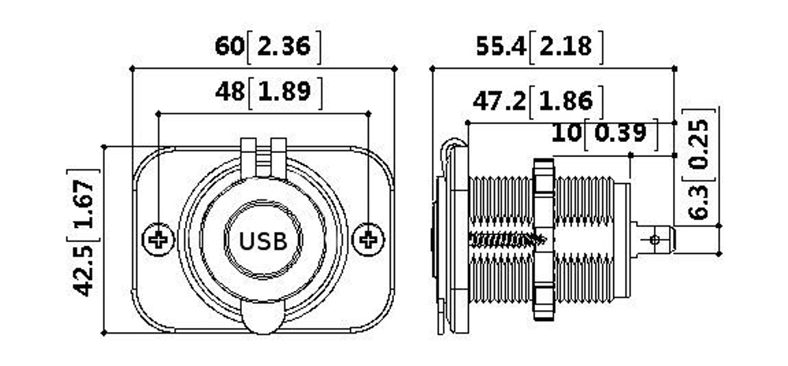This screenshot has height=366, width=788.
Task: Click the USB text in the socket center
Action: point(262,241)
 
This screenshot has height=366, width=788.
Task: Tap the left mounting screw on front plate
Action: point(158,239)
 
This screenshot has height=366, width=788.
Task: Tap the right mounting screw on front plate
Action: point(368,239)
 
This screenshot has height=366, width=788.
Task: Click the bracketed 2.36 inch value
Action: point(284,47)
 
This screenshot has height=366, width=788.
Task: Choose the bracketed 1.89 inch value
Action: point(285,92)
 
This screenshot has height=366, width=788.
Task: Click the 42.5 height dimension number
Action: point(84,270)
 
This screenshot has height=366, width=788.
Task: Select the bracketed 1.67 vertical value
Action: point(84,206)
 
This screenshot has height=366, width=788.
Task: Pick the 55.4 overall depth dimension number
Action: point(500,47)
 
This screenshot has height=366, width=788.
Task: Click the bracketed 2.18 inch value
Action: point(566,47)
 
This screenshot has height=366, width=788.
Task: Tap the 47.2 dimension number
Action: point(499,101)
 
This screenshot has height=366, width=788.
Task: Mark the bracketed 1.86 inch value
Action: point(566,101)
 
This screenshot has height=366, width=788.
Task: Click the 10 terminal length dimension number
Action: point(566,132)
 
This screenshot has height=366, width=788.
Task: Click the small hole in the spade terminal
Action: point(654,239)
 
